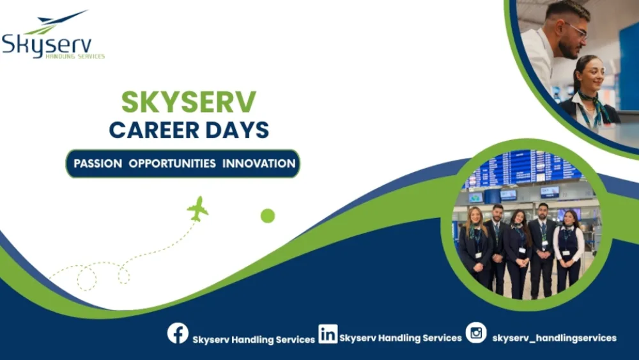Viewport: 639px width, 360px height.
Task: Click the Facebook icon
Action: tap(178, 333)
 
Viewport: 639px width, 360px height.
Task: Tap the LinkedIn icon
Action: tap(328, 333)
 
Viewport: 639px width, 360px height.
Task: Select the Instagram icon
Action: tap(476, 333)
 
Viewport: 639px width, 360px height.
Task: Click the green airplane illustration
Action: tap(198, 208)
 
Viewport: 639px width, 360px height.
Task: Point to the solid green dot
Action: tap(268, 215)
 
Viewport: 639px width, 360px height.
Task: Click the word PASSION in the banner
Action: tap(98, 164)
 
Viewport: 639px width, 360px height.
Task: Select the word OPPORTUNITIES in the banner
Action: tap(172, 164)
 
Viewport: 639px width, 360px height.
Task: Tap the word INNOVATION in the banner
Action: tap(259, 164)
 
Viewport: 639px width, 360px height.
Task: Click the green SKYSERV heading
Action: tap(189, 102)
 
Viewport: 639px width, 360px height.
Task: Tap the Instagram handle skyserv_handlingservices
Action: tap(554, 338)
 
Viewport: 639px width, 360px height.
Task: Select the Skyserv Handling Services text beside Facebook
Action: tap(254, 340)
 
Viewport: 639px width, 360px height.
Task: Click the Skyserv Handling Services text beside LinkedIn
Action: tap(401, 338)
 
